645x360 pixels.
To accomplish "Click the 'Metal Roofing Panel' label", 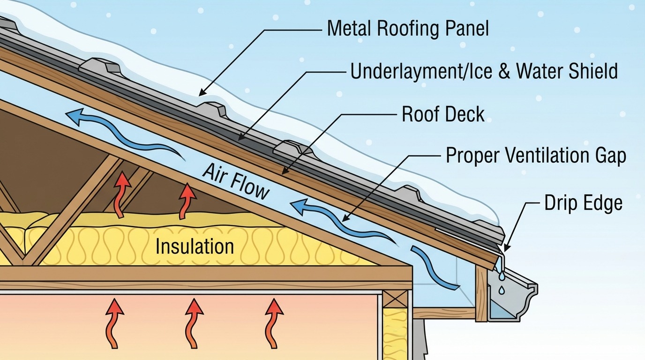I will (x=407, y=29).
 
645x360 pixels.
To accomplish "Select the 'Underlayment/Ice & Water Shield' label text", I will (x=484, y=71).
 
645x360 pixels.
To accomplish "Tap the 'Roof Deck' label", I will (x=443, y=114).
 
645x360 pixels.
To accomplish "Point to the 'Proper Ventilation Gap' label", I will (x=535, y=156).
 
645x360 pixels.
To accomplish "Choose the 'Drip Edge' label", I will (x=583, y=203).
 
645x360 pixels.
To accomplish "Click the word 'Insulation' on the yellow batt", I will (x=195, y=246).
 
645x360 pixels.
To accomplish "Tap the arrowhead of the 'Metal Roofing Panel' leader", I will (x=202, y=94).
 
